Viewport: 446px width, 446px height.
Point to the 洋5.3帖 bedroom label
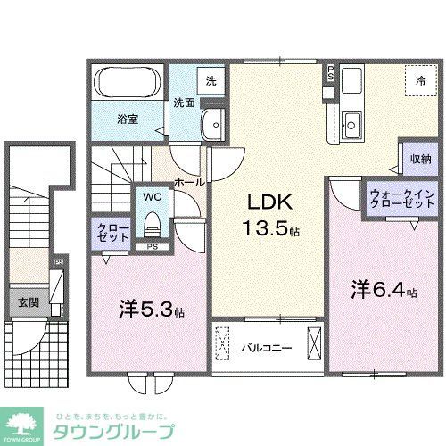pos(151,310)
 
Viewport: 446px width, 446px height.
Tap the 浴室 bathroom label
pos(128,117)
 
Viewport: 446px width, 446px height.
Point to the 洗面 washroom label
pos(184,102)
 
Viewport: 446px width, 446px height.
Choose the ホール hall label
pos(189,181)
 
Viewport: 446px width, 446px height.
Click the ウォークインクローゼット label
pos(401,198)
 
